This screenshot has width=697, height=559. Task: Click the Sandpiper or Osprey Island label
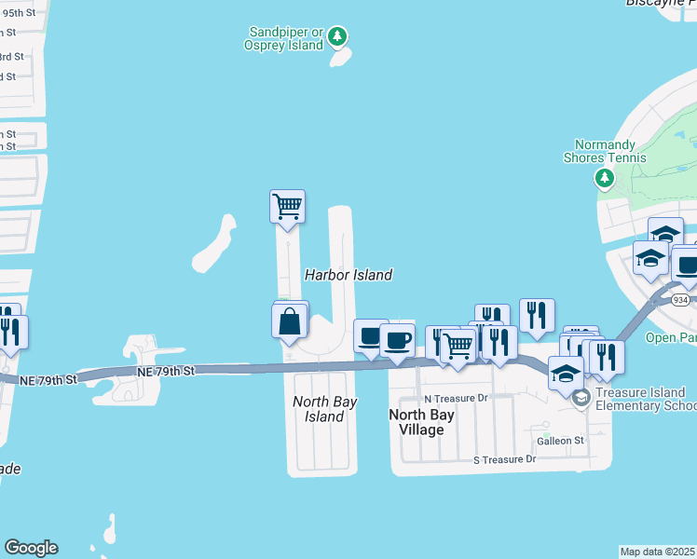[282, 37]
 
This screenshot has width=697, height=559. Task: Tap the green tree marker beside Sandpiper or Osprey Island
[337, 38]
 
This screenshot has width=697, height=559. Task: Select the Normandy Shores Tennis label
[605, 151]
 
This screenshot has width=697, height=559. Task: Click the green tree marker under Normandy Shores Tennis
[606, 177]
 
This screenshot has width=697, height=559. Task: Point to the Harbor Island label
[348, 275]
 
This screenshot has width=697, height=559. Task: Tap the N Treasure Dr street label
[456, 398]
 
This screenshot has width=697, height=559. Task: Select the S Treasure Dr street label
[505, 459]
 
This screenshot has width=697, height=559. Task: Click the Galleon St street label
[559, 440]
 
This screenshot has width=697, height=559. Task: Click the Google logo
[31, 548]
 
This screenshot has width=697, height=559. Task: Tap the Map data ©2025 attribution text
[658, 552]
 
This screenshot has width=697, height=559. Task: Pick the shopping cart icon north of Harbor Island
[288, 205]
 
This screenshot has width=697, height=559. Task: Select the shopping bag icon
[291, 322]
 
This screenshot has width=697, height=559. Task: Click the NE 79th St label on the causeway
[165, 372]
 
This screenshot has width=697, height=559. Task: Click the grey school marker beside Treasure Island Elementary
[582, 399]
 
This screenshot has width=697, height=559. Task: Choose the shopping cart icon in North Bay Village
[457, 346]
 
